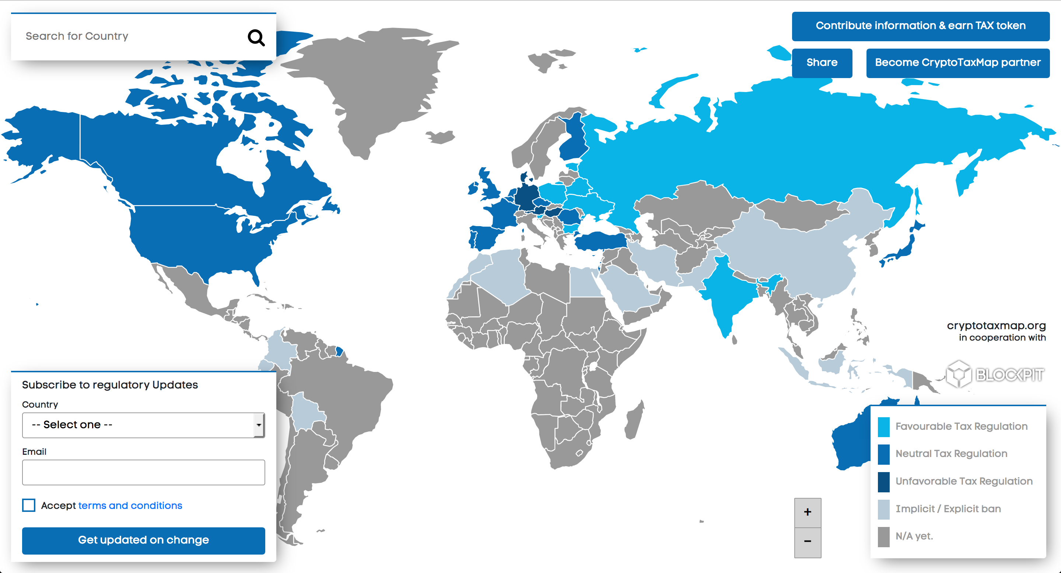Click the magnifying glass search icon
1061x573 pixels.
(x=256, y=38)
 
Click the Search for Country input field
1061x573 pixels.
(x=132, y=36)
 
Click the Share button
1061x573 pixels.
(x=822, y=63)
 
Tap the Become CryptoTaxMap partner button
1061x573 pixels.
(x=957, y=63)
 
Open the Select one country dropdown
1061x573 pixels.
(x=143, y=425)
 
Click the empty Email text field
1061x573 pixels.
(x=143, y=472)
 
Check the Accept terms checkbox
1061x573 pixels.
(x=29, y=505)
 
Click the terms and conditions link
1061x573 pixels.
(x=130, y=506)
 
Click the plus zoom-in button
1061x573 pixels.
(x=807, y=512)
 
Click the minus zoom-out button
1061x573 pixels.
(x=807, y=541)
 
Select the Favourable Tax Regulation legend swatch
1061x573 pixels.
(x=883, y=426)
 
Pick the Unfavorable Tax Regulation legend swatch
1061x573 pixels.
(x=883, y=482)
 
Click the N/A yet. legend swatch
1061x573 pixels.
(x=883, y=537)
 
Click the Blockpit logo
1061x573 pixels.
(x=995, y=374)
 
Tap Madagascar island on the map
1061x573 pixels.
(x=634, y=420)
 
